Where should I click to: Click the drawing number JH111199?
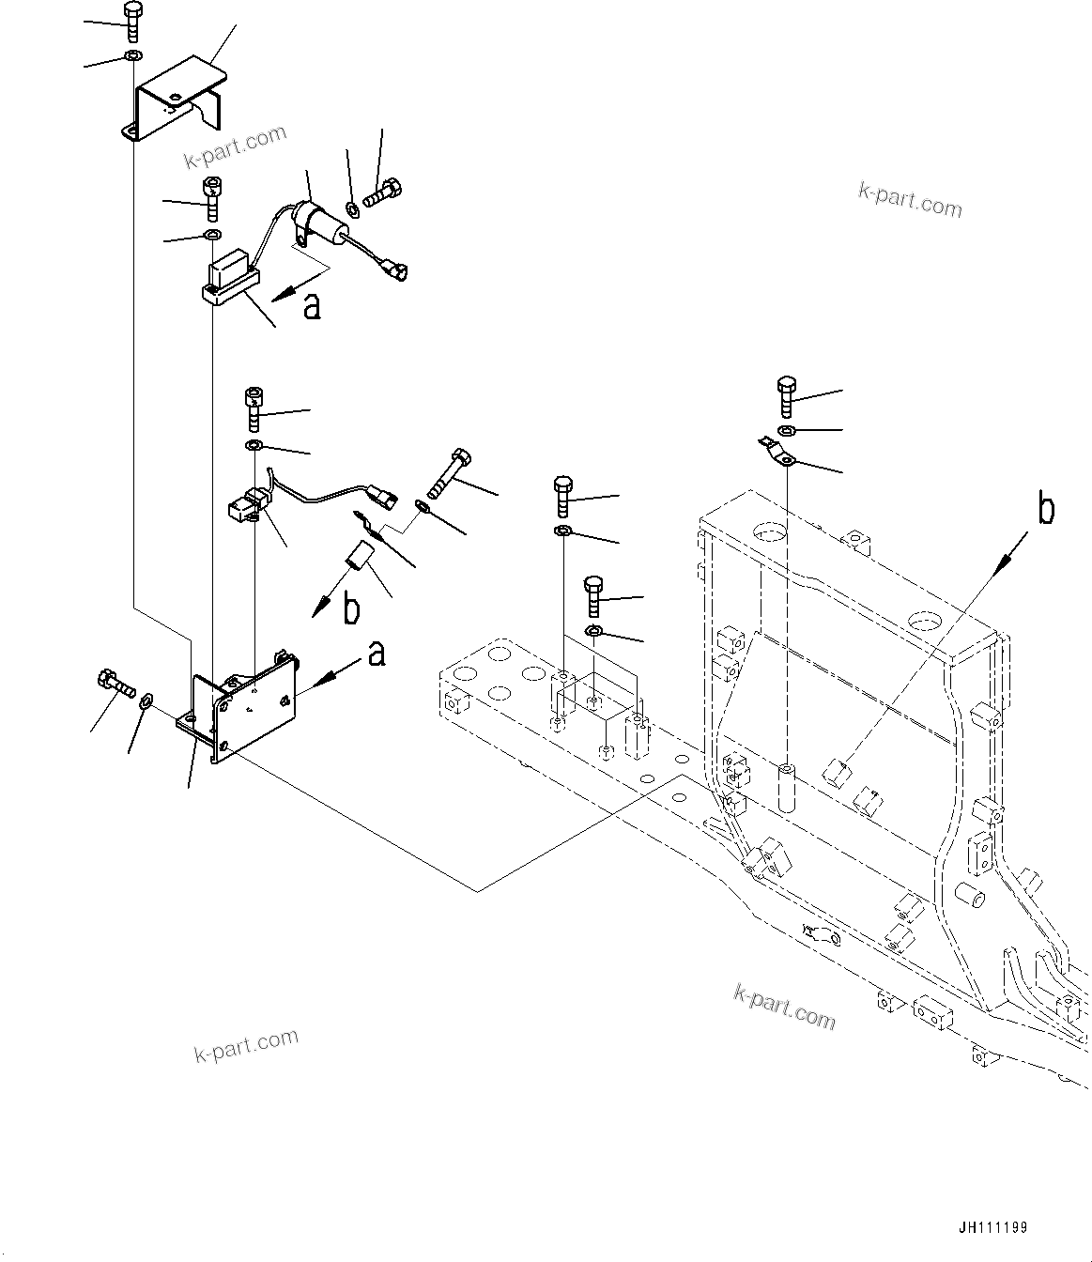993,1227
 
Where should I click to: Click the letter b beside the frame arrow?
1045,509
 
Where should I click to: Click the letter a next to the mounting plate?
377,653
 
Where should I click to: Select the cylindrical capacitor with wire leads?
314,222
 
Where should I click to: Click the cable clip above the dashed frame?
777,453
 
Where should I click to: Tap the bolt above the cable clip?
787,395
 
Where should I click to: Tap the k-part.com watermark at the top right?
909,199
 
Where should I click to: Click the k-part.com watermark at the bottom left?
246,1045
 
